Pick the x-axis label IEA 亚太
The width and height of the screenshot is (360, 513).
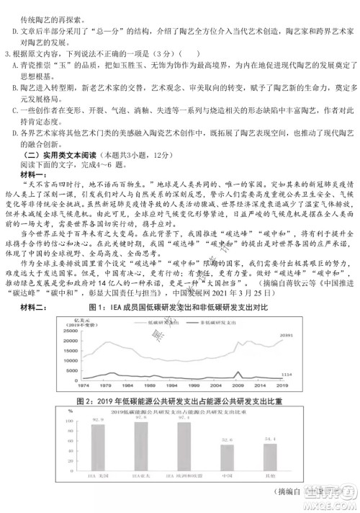coord(140,476)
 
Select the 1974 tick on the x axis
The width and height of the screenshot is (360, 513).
coord(84,385)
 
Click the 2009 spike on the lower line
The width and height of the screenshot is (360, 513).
coord(238,370)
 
